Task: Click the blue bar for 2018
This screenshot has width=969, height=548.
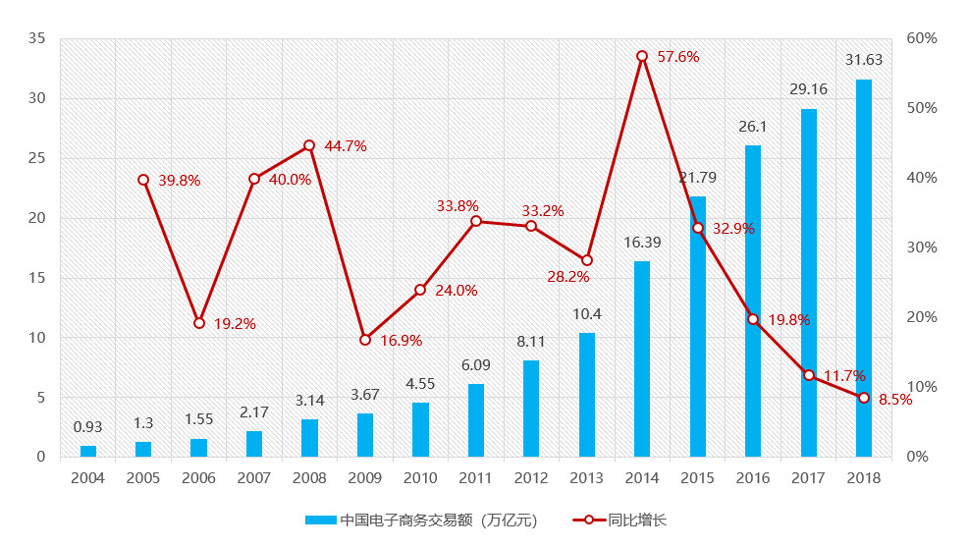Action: coord(864,268)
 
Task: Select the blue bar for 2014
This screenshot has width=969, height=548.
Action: coord(642,358)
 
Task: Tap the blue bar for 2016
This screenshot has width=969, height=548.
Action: coord(753,301)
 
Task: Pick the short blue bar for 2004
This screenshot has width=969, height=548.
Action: coord(88,451)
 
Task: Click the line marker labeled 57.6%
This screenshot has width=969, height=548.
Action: coord(642,56)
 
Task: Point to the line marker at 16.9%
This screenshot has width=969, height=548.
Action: coord(365,340)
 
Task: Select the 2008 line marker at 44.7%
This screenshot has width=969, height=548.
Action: coord(309,145)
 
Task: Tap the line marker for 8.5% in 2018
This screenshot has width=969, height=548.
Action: coord(864,398)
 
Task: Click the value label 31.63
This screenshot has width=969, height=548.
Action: coord(864,60)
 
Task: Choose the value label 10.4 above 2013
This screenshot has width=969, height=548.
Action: coord(586,313)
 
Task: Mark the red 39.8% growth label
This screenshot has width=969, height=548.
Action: coord(179,181)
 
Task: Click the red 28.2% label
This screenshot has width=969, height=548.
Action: coord(568,277)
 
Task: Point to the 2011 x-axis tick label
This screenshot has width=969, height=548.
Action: coord(475,477)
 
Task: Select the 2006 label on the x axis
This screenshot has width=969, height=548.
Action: coord(198,477)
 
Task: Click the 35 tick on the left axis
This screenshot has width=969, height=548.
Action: coord(36,38)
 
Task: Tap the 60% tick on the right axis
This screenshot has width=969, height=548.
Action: coord(922,38)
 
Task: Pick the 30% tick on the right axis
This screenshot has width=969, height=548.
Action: coord(922,247)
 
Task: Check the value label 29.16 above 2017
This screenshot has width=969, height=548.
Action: coord(808,89)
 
